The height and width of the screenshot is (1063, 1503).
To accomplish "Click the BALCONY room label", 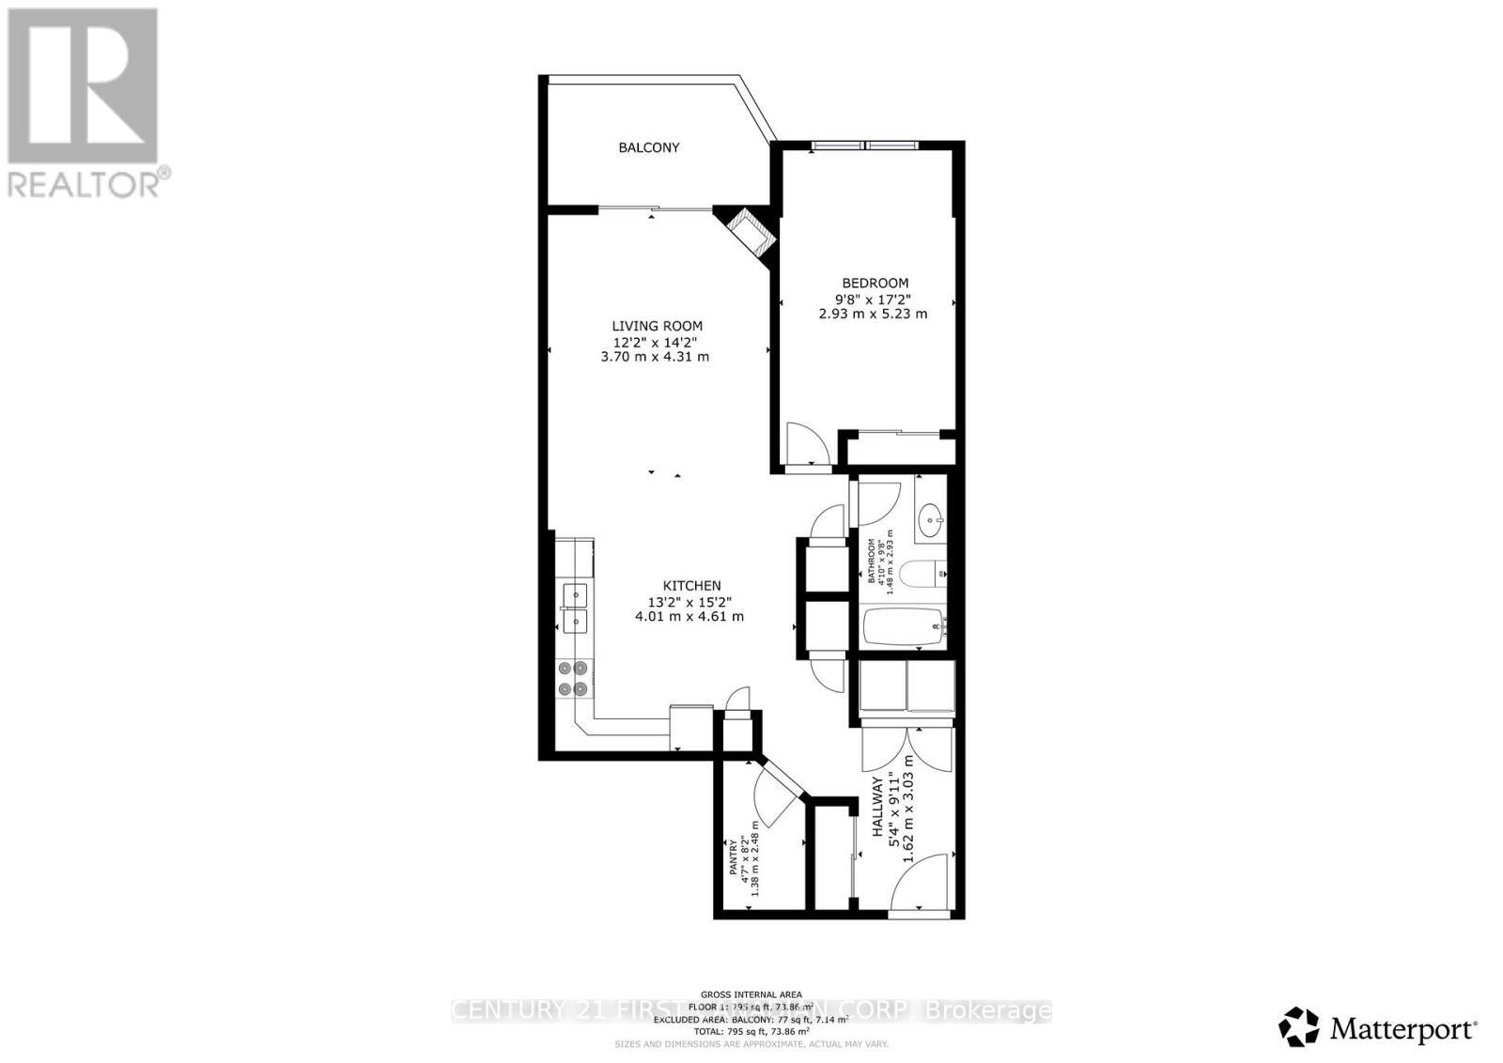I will click(648, 147).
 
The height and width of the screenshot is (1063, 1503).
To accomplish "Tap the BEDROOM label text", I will click(875, 283).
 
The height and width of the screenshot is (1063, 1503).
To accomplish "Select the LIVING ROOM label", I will click(657, 326).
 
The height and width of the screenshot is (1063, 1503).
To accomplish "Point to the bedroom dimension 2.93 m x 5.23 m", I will click(873, 314).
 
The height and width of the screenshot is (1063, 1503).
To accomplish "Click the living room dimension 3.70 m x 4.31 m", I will click(655, 357).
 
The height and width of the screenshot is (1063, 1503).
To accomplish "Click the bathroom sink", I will click(931, 518).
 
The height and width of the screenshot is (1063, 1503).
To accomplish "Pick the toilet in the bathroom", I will click(922, 572).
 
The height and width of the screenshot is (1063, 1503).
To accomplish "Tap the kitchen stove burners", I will click(572, 678).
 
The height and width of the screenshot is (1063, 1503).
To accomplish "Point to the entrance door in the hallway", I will click(922, 882).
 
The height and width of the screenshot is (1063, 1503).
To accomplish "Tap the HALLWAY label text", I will click(877, 807).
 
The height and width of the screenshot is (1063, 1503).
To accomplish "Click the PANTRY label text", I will click(734, 857).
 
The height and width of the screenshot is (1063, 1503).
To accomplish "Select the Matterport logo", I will click(1380, 1028).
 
